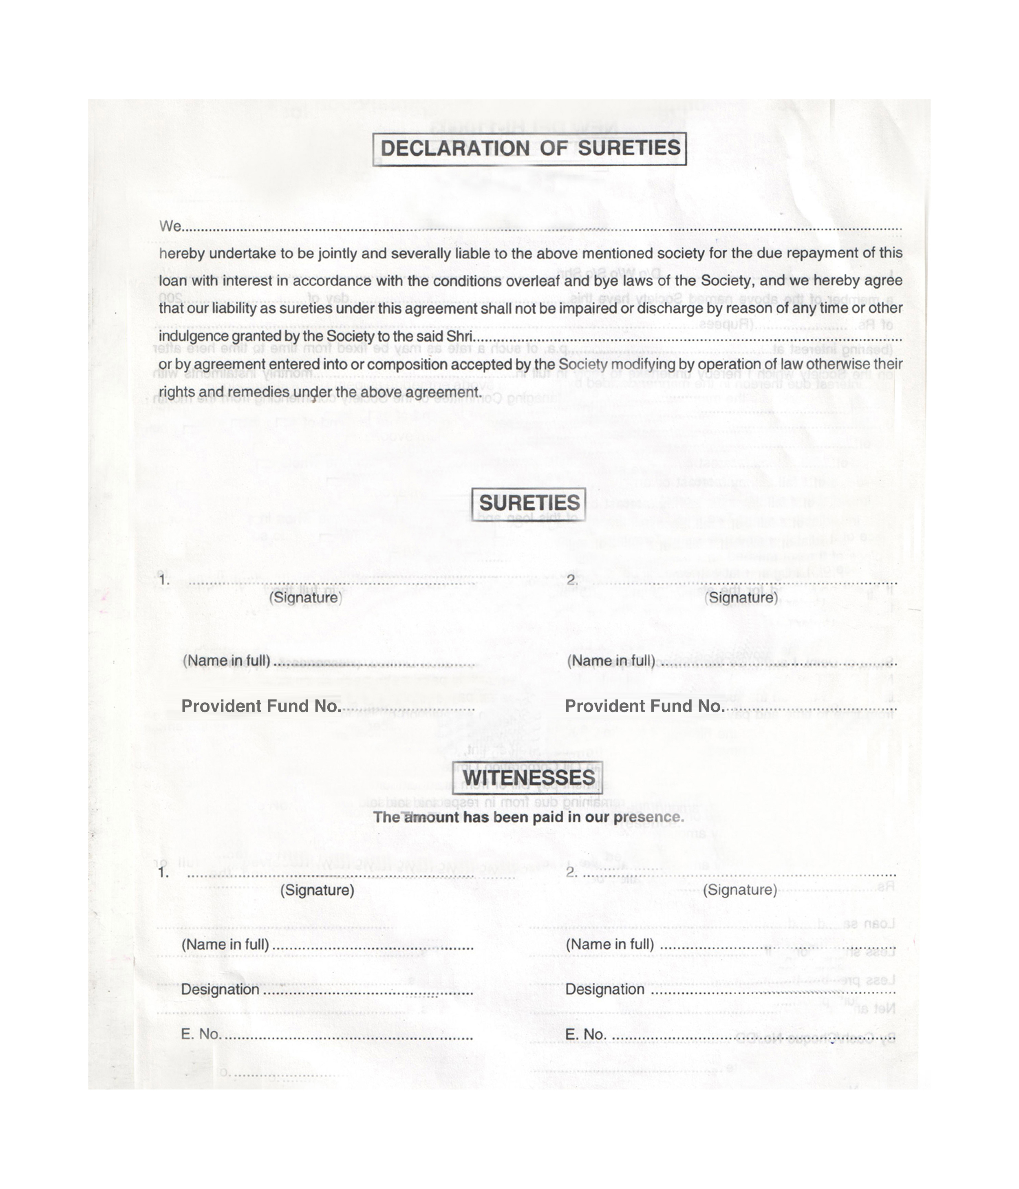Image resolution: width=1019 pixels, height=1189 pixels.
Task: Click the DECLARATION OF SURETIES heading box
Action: (x=529, y=149)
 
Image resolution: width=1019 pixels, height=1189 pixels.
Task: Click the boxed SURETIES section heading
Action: (x=528, y=503)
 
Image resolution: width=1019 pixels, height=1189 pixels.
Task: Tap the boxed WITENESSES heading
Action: (x=528, y=778)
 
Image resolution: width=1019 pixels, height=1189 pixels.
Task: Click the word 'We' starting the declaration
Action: (x=170, y=226)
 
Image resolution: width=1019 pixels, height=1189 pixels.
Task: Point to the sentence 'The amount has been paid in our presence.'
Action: (x=528, y=817)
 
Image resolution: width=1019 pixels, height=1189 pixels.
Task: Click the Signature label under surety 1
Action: (x=305, y=598)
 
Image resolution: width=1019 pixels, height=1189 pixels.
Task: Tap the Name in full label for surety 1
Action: (x=226, y=660)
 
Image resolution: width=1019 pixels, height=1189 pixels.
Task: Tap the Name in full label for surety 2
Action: (x=611, y=660)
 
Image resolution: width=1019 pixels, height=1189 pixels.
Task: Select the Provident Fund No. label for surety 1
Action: (x=261, y=706)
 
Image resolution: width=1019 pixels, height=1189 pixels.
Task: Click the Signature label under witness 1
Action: (x=317, y=890)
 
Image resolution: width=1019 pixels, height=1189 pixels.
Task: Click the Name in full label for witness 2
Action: (x=609, y=944)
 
